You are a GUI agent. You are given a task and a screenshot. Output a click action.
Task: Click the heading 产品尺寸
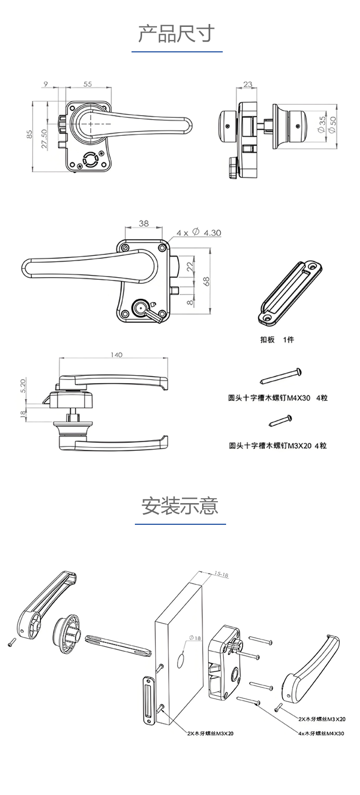pos(176,34)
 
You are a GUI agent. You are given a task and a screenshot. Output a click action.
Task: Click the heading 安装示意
pos(180,506)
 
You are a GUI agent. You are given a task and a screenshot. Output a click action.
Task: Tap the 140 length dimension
pos(116,355)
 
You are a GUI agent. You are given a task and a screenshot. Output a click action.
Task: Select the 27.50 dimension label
pos(44,139)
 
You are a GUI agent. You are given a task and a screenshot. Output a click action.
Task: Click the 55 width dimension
pos(87,84)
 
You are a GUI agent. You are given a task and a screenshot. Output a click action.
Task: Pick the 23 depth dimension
pos(248,84)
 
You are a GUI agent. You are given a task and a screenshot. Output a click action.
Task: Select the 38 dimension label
pos(144,223)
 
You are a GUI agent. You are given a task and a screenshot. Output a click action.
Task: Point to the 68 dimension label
pos(207,282)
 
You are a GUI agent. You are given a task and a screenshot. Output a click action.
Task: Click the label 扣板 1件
pos(277,340)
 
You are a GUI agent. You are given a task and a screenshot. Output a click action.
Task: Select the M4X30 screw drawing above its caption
pos(282,375)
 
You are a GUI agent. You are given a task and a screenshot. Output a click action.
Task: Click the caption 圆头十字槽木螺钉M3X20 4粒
pos(277,446)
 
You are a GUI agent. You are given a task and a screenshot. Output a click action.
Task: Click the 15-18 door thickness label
pos(221,574)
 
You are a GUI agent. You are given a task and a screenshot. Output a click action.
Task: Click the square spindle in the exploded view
pos(118,644)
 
